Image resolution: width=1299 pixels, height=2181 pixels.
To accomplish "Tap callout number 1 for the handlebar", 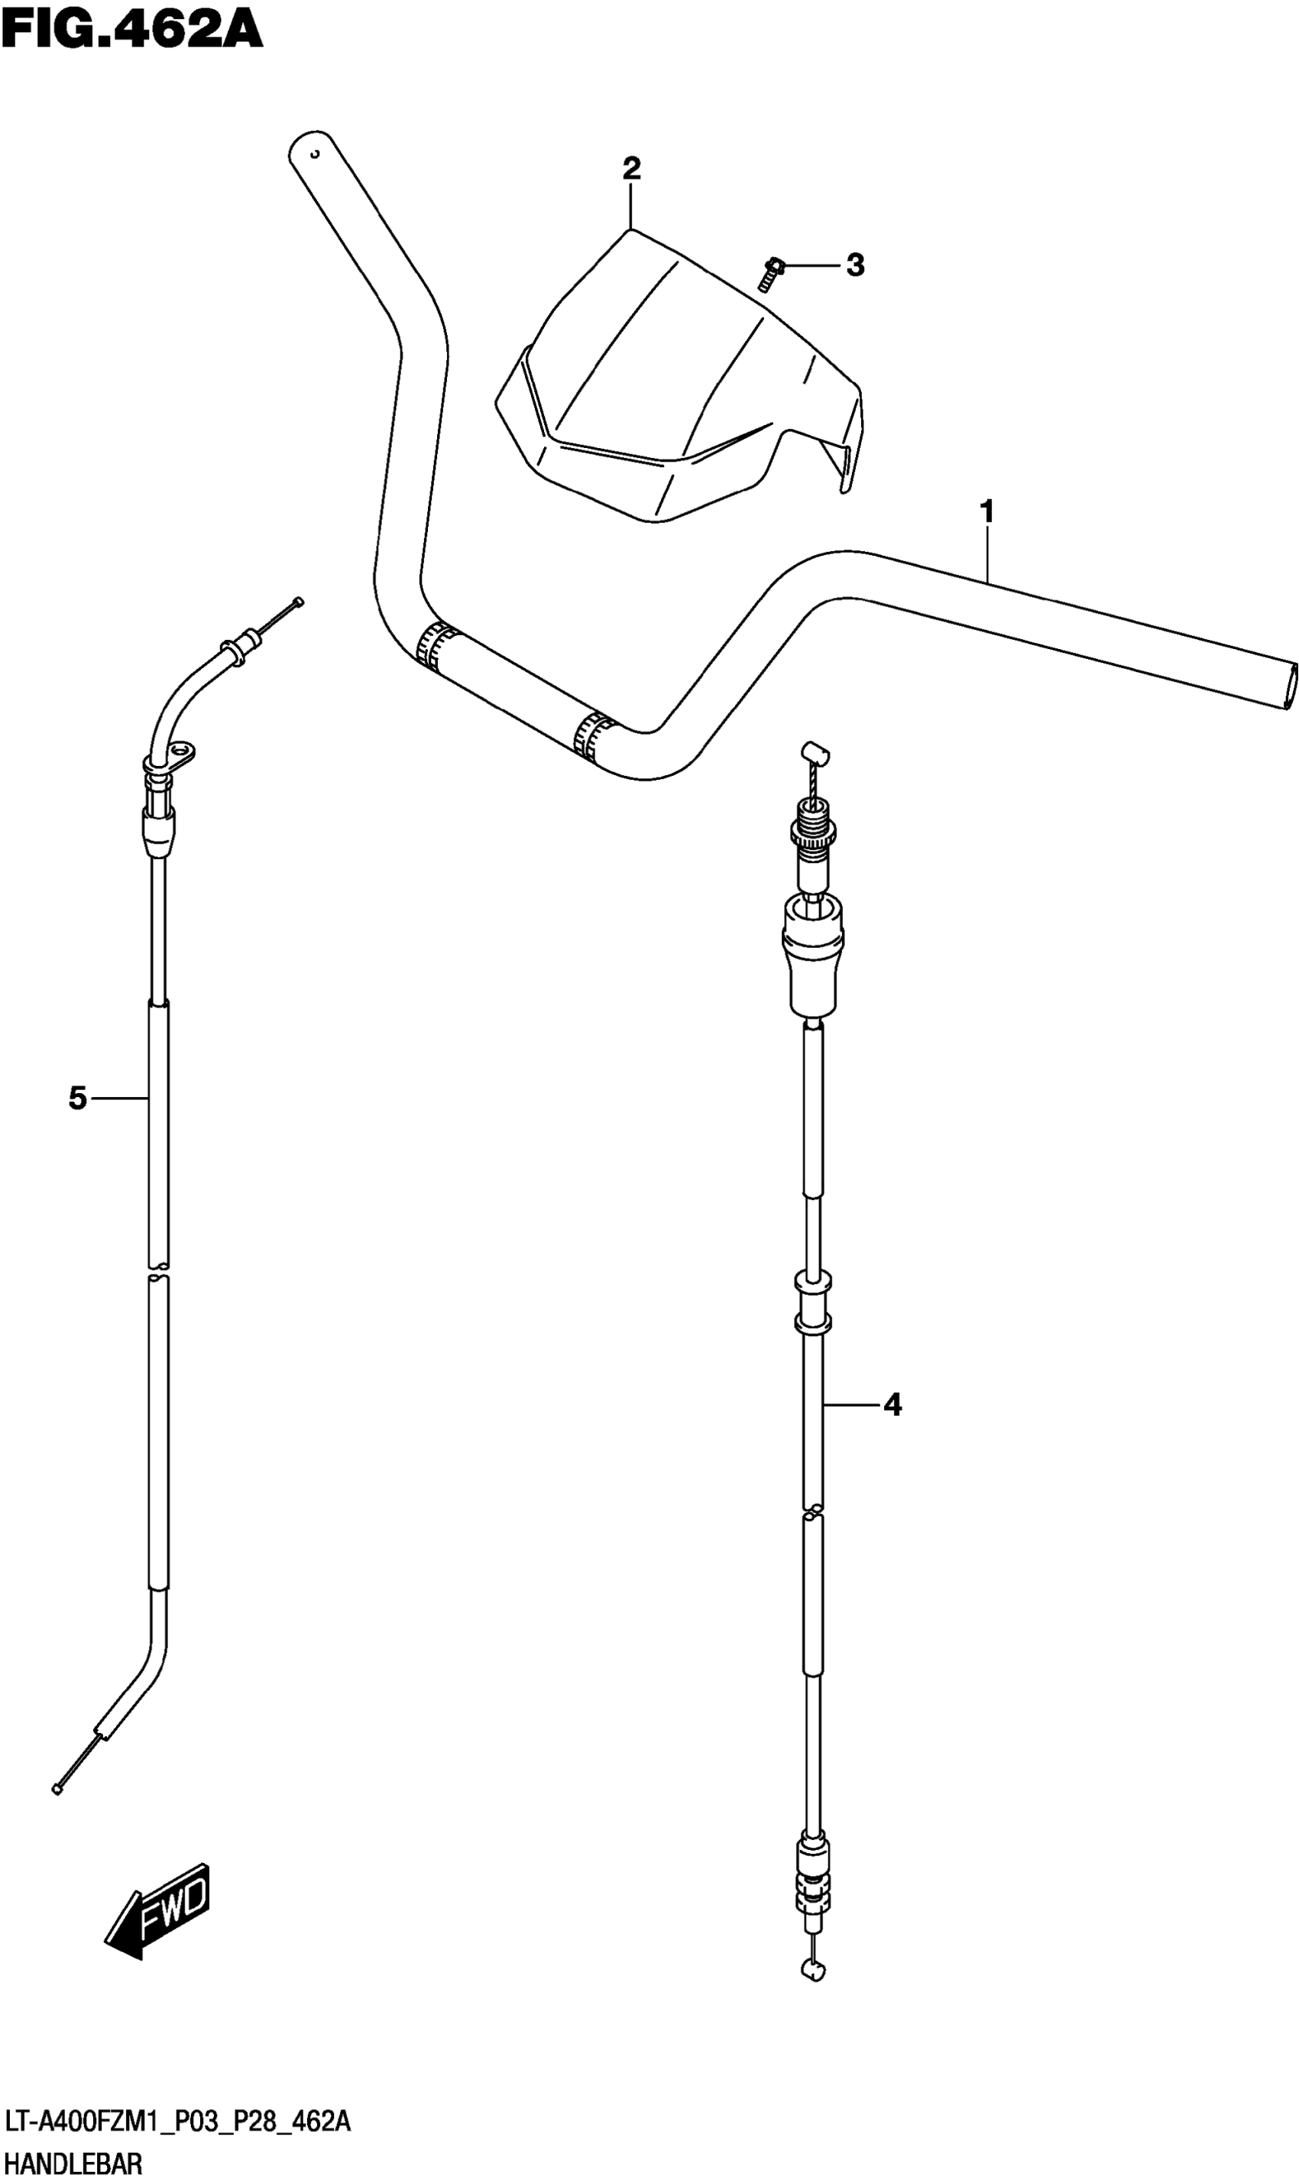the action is [x=987, y=511].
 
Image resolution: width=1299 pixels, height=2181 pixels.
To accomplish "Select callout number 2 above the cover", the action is [x=631, y=167].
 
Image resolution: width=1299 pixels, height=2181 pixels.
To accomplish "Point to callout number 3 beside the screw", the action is [x=855, y=265].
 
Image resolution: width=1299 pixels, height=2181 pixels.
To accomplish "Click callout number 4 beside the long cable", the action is [x=892, y=1405].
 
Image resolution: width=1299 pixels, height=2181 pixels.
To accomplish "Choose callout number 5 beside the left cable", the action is [x=78, y=1098].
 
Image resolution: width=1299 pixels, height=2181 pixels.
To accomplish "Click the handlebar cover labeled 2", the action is [x=674, y=385].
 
